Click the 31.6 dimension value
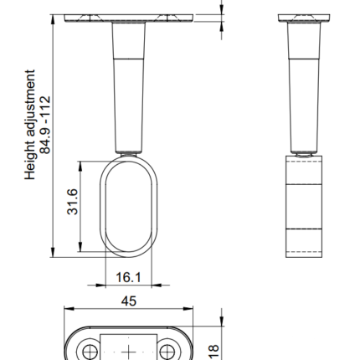pyautogui.click(x=73, y=202)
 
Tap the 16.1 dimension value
pyautogui.click(x=128, y=277)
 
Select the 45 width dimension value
pyautogui.click(x=129, y=301)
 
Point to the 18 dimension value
pyautogui.click(x=213, y=352)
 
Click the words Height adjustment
pyautogui.click(x=30, y=125)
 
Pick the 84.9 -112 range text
pyautogui.click(x=45, y=125)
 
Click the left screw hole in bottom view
pyautogui.click(x=90, y=352)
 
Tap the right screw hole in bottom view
pyautogui.click(x=167, y=352)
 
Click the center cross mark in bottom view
pyautogui.click(x=129, y=352)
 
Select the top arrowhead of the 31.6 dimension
pyautogui.click(x=80, y=167)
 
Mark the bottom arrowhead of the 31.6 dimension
pyautogui.click(x=80, y=247)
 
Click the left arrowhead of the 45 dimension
pyautogui.click(x=69, y=309)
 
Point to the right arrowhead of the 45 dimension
pyautogui.click(x=188, y=309)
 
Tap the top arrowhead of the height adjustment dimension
pyautogui.click(x=53, y=19)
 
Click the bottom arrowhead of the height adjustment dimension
pyautogui.click(x=53, y=252)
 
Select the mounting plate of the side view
pyautogui.click(x=304, y=18)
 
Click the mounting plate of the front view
pyautogui.click(x=129, y=18)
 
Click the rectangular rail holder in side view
pyautogui.click(x=304, y=207)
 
